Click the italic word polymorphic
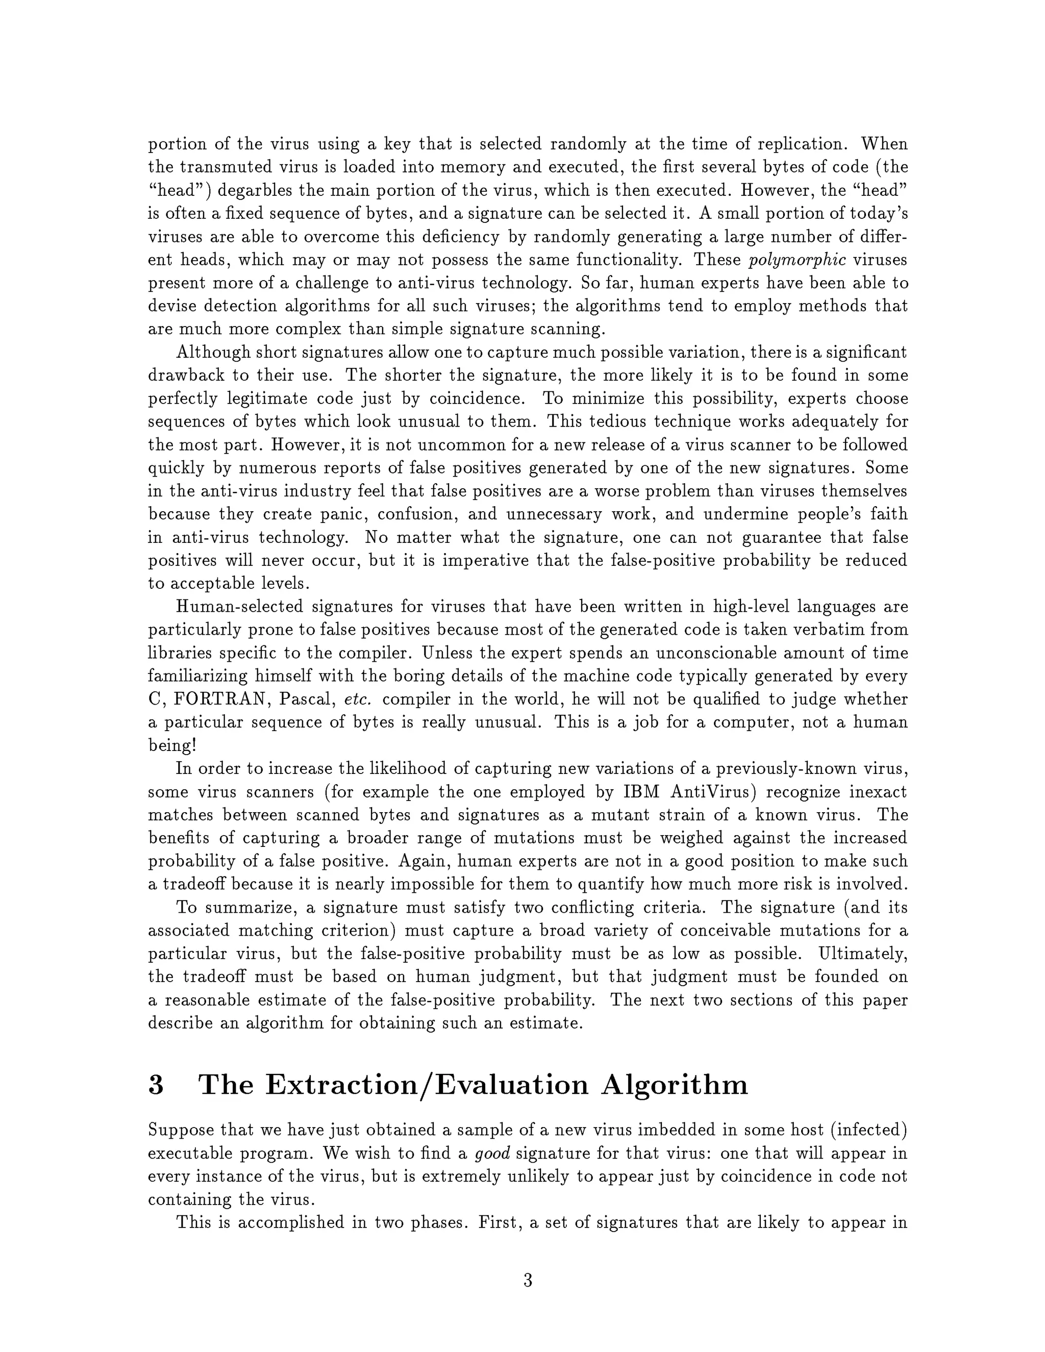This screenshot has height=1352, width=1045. click(x=798, y=260)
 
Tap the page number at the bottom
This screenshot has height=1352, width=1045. click(x=528, y=1280)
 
